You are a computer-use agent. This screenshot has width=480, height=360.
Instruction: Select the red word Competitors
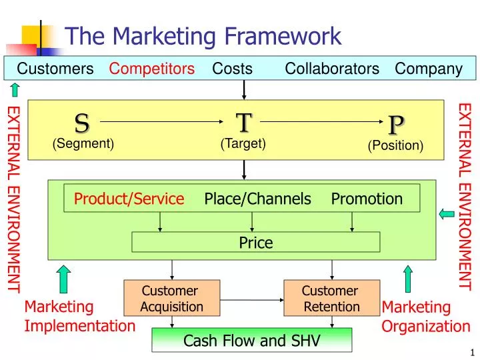[x=152, y=69]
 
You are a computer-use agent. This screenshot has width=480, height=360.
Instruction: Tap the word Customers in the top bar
[x=55, y=69]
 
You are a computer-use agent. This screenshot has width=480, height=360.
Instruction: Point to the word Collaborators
[x=332, y=69]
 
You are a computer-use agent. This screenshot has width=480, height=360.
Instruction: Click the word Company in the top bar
[x=428, y=69]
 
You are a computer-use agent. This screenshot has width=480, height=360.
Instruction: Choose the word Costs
[x=232, y=69]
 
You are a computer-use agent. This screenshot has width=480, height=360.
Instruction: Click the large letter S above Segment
[x=82, y=123]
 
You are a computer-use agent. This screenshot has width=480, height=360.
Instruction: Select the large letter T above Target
[x=244, y=123]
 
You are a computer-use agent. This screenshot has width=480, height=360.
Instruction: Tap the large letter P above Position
[x=397, y=124]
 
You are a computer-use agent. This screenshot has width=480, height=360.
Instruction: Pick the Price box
[x=255, y=243]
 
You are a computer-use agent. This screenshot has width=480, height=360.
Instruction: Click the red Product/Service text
[x=129, y=199]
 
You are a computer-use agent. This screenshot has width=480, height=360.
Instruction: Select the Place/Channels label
[x=257, y=199]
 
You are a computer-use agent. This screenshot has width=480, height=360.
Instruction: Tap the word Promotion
[x=367, y=199]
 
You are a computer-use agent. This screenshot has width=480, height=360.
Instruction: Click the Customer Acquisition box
[x=172, y=298]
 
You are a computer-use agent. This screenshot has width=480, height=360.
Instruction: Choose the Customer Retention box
[x=331, y=298]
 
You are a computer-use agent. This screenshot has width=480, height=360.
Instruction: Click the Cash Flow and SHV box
[x=251, y=341]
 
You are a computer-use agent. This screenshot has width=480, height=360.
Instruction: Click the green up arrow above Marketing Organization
[x=408, y=279]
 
